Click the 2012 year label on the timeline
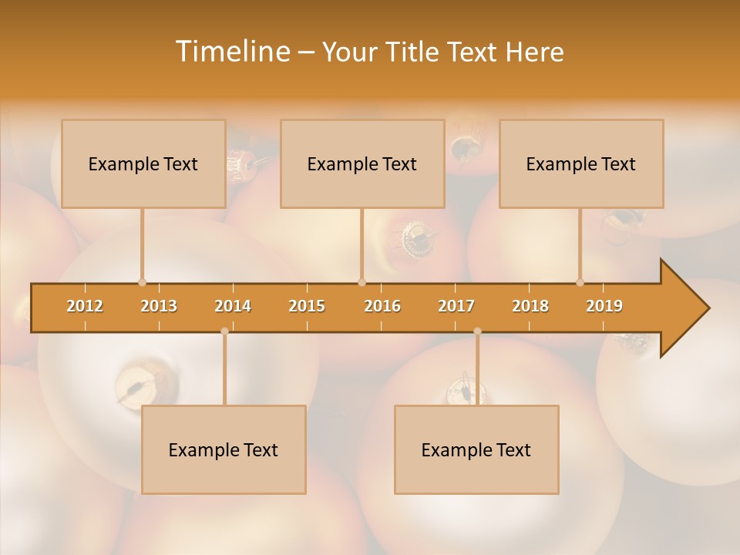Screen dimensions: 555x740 [x=85, y=306]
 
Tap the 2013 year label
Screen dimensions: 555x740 [x=159, y=306]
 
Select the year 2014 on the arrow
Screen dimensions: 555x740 [x=233, y=306]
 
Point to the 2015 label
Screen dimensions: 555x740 [x=307, y=306]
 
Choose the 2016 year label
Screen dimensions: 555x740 [x=382, y=306]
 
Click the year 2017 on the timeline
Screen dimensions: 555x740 [x=456, y=306]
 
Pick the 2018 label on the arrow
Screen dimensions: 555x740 [x=530, y=306]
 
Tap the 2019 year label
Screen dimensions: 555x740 [x=604, y=306]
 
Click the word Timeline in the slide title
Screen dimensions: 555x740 [x=231, y=52]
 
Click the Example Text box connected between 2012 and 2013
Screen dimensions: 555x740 [x=143, y=163]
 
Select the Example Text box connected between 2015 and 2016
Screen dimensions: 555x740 [x=362, y=163]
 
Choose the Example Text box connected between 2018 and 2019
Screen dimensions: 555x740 [x=581, y=163]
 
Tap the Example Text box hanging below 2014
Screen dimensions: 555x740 [x=224, y=449]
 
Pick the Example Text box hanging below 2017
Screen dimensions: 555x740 [x=476, y=449]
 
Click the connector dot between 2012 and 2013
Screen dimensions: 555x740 [x=142, y=282]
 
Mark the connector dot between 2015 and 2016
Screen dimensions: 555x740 [x=362, y=282]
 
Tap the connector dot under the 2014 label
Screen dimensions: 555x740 [x=224, y=331]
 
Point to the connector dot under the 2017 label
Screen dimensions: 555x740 [x=477, y=331]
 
